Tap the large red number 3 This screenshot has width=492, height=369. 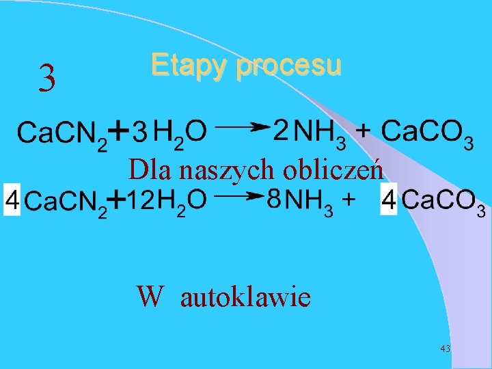tap(46, 79)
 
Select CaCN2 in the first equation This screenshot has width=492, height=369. tap(61, 133)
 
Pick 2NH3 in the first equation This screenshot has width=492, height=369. tap(310, 132)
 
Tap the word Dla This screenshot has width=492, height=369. tap(146, 169)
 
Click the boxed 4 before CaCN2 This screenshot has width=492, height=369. tap(12, 200)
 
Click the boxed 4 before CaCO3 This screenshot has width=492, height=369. tap(388, 201)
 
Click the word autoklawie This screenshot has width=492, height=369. tap(245, 297)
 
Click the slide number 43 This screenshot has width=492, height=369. tap(446, 348)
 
